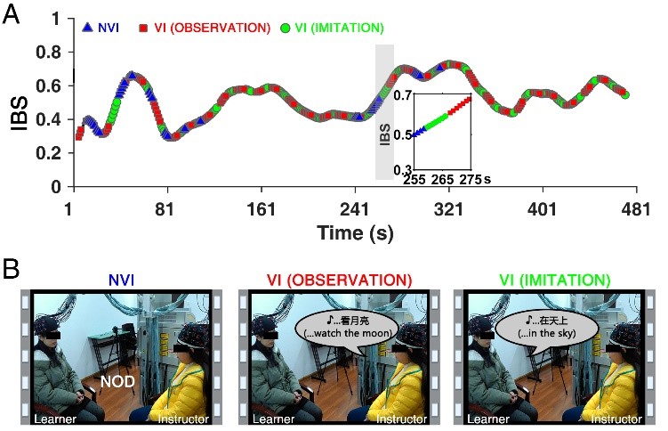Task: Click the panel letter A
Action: [x=12, y=15]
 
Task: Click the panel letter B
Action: [x=12, y=266]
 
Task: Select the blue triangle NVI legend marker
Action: [x=86, y=28]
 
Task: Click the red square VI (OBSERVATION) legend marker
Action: [x=143, y=28]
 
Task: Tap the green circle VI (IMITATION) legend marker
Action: [x=284, y=28]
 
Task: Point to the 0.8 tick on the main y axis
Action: [x=54, y=51]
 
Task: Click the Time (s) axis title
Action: [x=354, y=232]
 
